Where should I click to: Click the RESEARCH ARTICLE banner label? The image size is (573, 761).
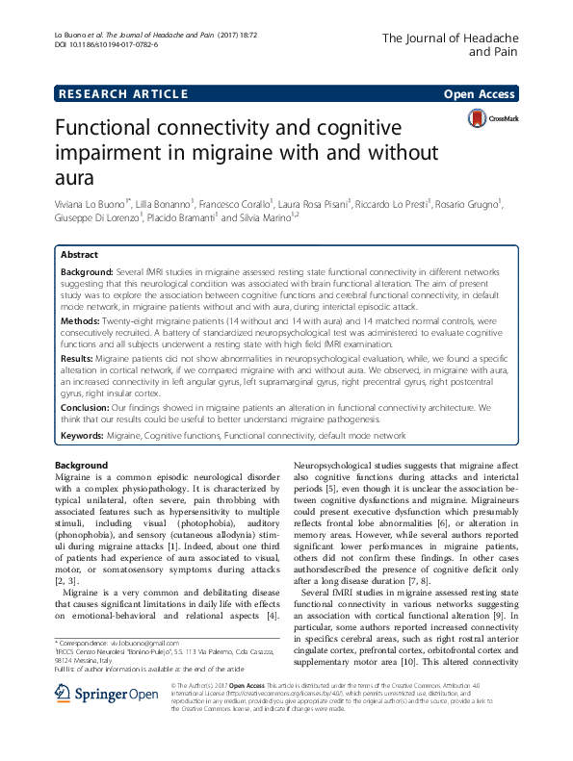pyautogui.click(x=122, y=94)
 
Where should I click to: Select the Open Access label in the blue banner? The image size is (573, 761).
pyautogui.click(x=480, y=94)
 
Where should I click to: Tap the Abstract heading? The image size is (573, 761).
pyautogui.click(x=79, y=256)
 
